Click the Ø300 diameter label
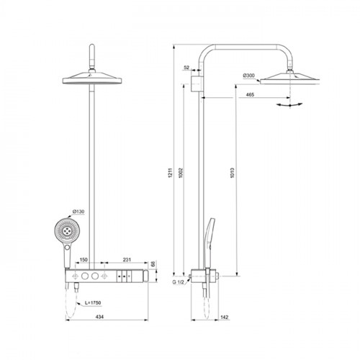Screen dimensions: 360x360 [x=248, y=76]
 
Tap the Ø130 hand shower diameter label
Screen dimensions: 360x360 [x=78, y=212]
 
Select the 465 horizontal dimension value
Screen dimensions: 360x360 [x=250, y=95]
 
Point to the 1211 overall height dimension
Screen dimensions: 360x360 [x=171, y=173]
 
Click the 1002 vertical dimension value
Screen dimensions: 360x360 [x=181, y=173]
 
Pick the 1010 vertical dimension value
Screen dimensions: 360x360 [x=232, y=173]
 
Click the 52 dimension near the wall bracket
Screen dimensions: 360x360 [x=186, y=68]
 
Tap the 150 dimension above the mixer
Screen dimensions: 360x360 [x=84, y=260]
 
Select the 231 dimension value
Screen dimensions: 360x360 [x=127, y=260]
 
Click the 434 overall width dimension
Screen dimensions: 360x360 [x=99, y=317]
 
